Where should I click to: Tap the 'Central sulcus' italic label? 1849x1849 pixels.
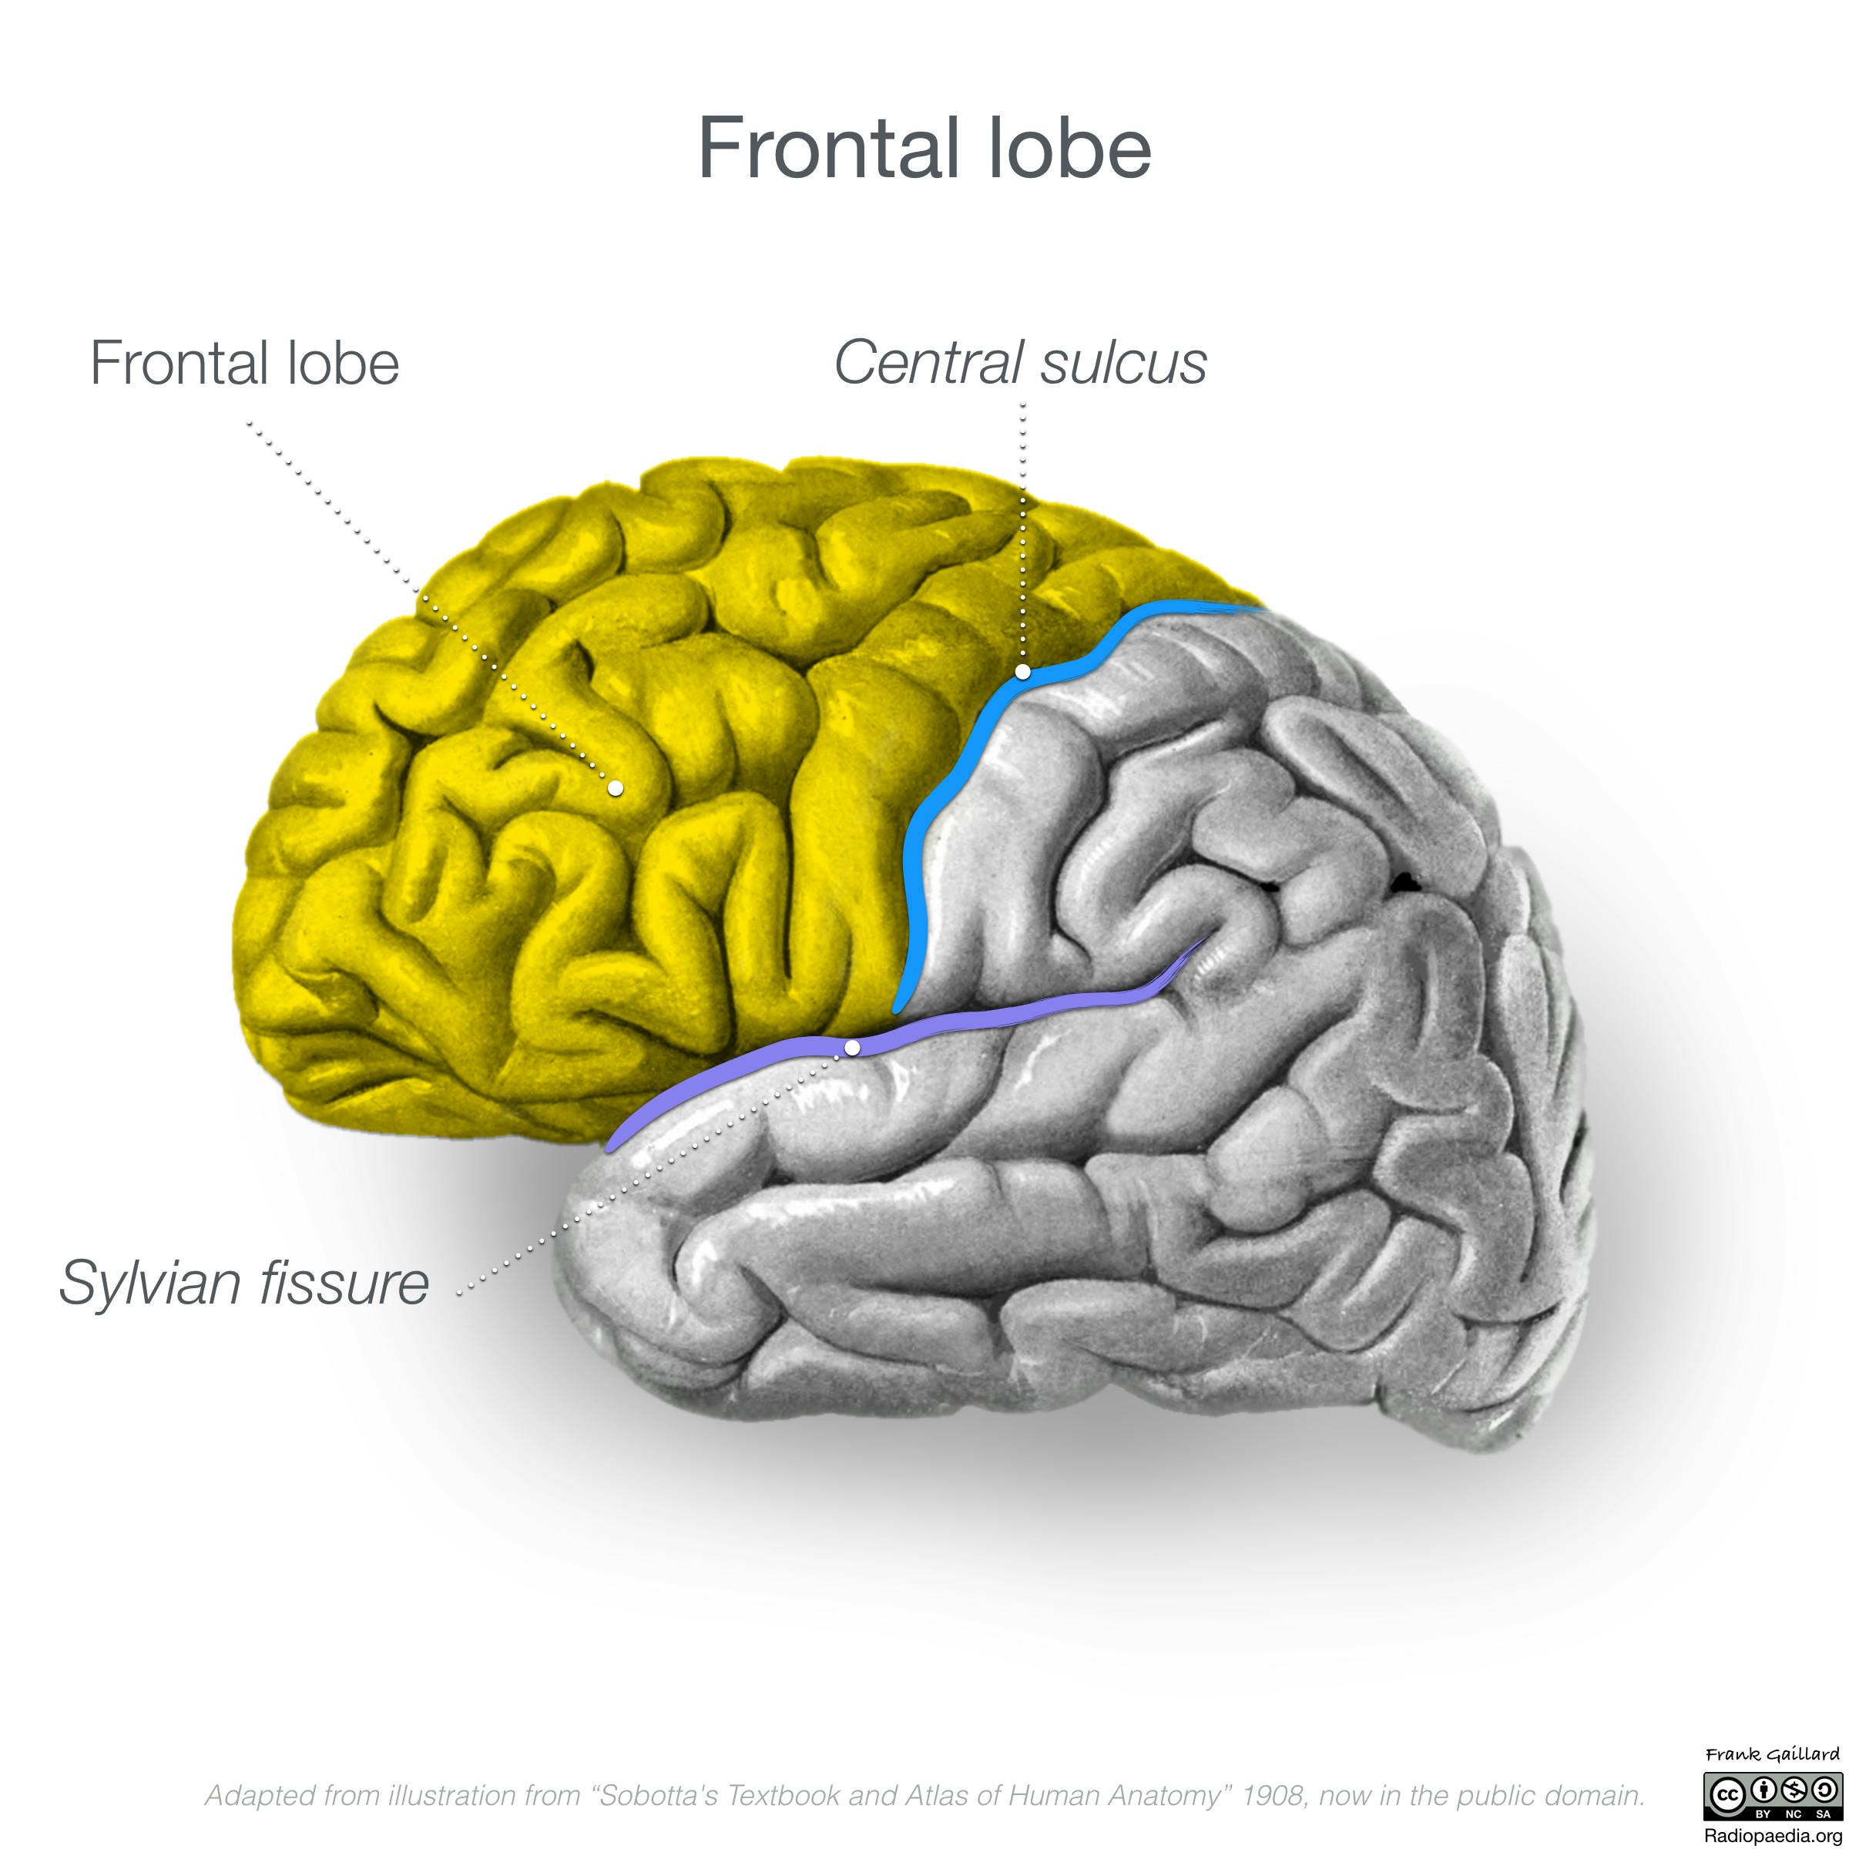pos(1020,363)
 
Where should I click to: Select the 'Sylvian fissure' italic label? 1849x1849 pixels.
pos(244,1283)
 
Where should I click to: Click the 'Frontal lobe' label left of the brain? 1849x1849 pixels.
pos(244,363)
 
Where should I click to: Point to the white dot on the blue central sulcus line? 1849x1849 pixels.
pos(1023,672)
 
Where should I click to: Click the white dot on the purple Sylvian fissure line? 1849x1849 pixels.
pos(853,1048)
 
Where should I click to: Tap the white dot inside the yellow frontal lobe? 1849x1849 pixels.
pos(616,787)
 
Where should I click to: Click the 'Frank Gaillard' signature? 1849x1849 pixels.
pos(1771,1754)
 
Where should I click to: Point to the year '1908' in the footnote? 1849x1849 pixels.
pos(1273,1795)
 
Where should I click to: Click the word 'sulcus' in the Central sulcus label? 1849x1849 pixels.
pos(1125,363)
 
